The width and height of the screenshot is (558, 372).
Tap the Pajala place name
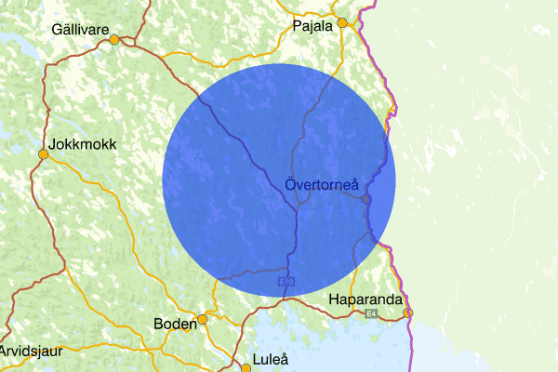tap(312, 26)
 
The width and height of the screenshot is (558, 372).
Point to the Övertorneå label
tap(322, 187)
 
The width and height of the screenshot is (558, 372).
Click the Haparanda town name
tap(365, 300)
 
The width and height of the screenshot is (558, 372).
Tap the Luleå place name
tap(272, 359)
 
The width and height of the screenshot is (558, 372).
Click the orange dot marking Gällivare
tap(114, 40)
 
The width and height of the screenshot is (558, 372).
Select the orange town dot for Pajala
tap(342, 22)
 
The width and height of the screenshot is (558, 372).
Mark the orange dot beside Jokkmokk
tap(43, 154)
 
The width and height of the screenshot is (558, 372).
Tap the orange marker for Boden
tap(202, 319)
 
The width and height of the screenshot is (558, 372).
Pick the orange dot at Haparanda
tap(407, 312)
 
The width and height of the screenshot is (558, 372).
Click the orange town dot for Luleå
tap(246, 367)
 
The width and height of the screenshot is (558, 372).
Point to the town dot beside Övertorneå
tap(366, 199)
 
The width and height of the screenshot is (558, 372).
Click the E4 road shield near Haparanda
tap(371, 314)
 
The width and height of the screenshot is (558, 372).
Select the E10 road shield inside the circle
tap(286, 279)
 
